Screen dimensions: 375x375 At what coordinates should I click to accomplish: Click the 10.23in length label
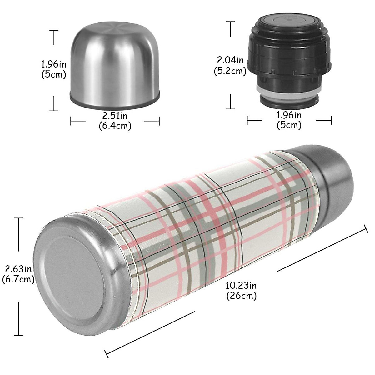(241, 285)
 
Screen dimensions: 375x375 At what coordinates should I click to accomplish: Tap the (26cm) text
(241, 295)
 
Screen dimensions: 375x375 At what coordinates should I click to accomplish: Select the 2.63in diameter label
(18, 269)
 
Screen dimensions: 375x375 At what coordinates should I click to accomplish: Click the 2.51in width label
(115, 116)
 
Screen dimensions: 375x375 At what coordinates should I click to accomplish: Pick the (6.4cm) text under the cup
(115, 126)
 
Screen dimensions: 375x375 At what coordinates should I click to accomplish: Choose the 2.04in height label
(230, 59)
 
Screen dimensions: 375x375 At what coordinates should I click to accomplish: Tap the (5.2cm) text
(230, 71)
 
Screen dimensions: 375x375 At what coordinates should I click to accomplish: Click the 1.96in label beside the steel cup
(53, 64)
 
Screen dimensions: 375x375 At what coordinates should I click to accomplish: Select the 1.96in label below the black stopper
(289, 115)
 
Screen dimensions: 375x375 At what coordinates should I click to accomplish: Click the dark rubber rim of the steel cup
(114, 103)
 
